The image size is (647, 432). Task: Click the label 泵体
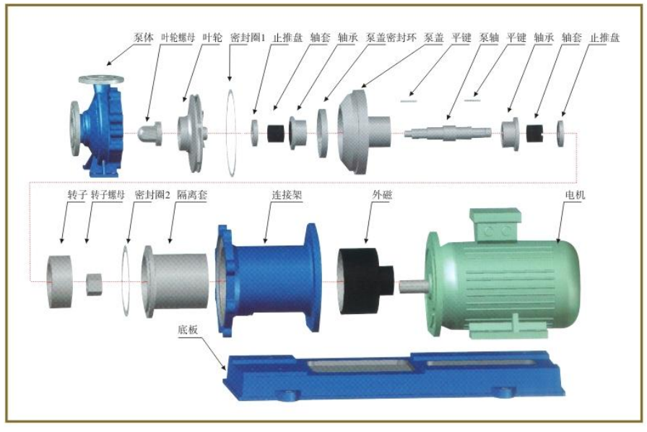144,38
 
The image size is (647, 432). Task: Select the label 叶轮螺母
177,38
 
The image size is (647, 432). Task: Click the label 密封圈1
248,38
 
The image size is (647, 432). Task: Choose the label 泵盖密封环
391,38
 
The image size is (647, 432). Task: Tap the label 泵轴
489,38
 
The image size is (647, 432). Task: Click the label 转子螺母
108,194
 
